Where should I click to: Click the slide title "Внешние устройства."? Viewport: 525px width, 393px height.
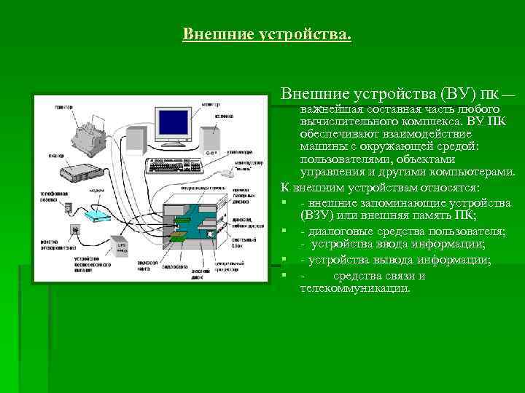coord(266,34)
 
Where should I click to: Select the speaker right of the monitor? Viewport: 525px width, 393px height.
coord(210,140)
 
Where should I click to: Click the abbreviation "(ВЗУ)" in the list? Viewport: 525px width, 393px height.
coord(314,216)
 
